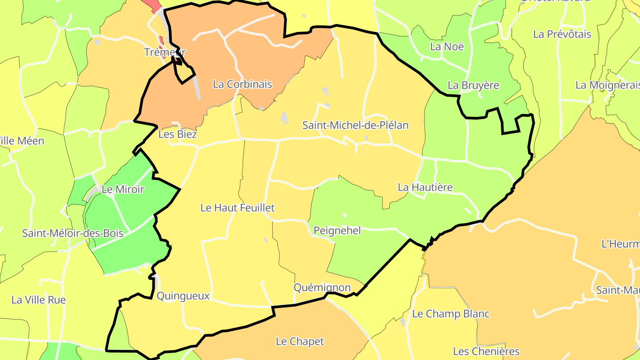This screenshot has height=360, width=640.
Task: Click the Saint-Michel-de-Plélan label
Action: click(x=355, y=125)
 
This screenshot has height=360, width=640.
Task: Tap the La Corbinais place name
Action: click(x=242, y=84)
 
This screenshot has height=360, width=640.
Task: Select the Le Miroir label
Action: click(x=123, y=189)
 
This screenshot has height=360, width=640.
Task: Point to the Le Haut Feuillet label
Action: click(x=237, y=208)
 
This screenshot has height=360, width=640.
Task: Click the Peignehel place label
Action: click(x=337, y=231)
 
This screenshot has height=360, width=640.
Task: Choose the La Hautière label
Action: click(x=425, y=187)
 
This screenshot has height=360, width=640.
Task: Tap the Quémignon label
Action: click(x=322, y=288)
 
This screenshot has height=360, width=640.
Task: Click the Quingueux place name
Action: click(x=183, y=296)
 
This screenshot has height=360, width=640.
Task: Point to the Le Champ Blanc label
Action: click(x=451, y=314)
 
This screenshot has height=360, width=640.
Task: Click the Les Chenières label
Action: click(x=486, y=352)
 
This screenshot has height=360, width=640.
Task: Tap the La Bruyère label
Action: click(x=473, y=85)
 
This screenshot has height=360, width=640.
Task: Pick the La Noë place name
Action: click(x=447, y=47)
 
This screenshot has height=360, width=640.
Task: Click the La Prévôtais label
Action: click(x=562, y=34)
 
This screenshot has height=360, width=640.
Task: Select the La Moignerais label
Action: click(x=607, y=85)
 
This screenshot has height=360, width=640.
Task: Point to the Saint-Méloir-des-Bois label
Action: click(x=73, y=233)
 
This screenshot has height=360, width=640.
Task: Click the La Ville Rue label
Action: click(x=39, y=300)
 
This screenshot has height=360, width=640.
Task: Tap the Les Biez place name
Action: click(x=178, y=134)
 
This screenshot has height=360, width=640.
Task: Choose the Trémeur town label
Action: click(x=165, y=52)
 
